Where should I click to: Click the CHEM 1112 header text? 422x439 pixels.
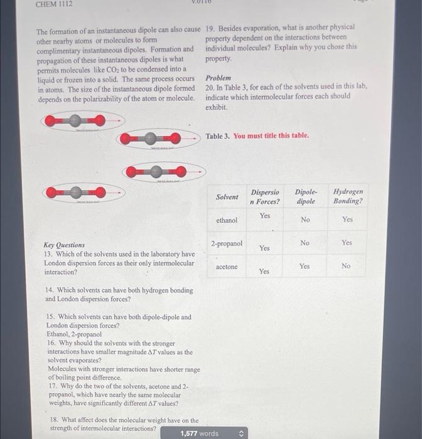click(54, 4)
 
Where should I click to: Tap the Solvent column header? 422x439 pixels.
click(227, 197)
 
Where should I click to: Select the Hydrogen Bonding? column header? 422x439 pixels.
click(347, 196)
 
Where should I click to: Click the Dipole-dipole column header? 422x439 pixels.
click(306, 196)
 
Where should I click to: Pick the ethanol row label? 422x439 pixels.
click(227, 221)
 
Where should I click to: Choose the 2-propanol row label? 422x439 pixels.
click(227, 243)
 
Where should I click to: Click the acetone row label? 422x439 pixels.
click(227, 267)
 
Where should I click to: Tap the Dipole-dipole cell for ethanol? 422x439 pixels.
click(305, 220)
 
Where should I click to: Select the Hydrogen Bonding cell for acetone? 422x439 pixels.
click(346, 266)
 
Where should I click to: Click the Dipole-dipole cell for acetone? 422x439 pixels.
click(305, 266)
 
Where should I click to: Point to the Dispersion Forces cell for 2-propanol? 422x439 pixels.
click(265, 248)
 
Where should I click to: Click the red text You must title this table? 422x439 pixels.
click(271, 135)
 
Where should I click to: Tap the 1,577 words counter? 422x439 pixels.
click(200, 433)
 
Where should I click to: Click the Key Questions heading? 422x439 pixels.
click(64, 245)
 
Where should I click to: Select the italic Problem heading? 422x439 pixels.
click(218, 78)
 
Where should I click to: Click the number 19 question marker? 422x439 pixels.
click(210, 28)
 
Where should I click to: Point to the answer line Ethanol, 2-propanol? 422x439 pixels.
click(74, 334)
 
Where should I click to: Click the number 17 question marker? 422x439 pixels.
click(52, 387)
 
